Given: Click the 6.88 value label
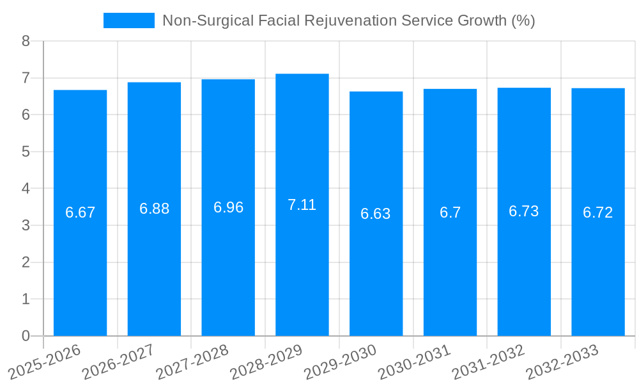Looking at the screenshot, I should (155, 209).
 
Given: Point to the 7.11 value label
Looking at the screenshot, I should (302, 205).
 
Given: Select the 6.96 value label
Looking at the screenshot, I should (228, 207).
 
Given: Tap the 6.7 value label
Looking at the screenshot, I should (450, 212).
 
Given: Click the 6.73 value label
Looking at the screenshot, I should (524, 212).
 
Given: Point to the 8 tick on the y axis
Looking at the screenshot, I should (26, 41).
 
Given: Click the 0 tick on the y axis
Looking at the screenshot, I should (26, 336).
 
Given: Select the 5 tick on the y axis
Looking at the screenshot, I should (26, 152).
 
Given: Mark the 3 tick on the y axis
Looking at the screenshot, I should (26, 225).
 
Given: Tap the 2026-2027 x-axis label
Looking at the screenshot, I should (118, 362).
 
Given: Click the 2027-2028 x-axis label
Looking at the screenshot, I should (192, 362).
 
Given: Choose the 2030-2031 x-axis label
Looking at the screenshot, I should (414, 362).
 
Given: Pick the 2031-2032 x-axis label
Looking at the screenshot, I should (488, 362).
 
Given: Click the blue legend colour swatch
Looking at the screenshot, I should (129, 20).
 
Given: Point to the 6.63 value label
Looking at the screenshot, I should (376, 214).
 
